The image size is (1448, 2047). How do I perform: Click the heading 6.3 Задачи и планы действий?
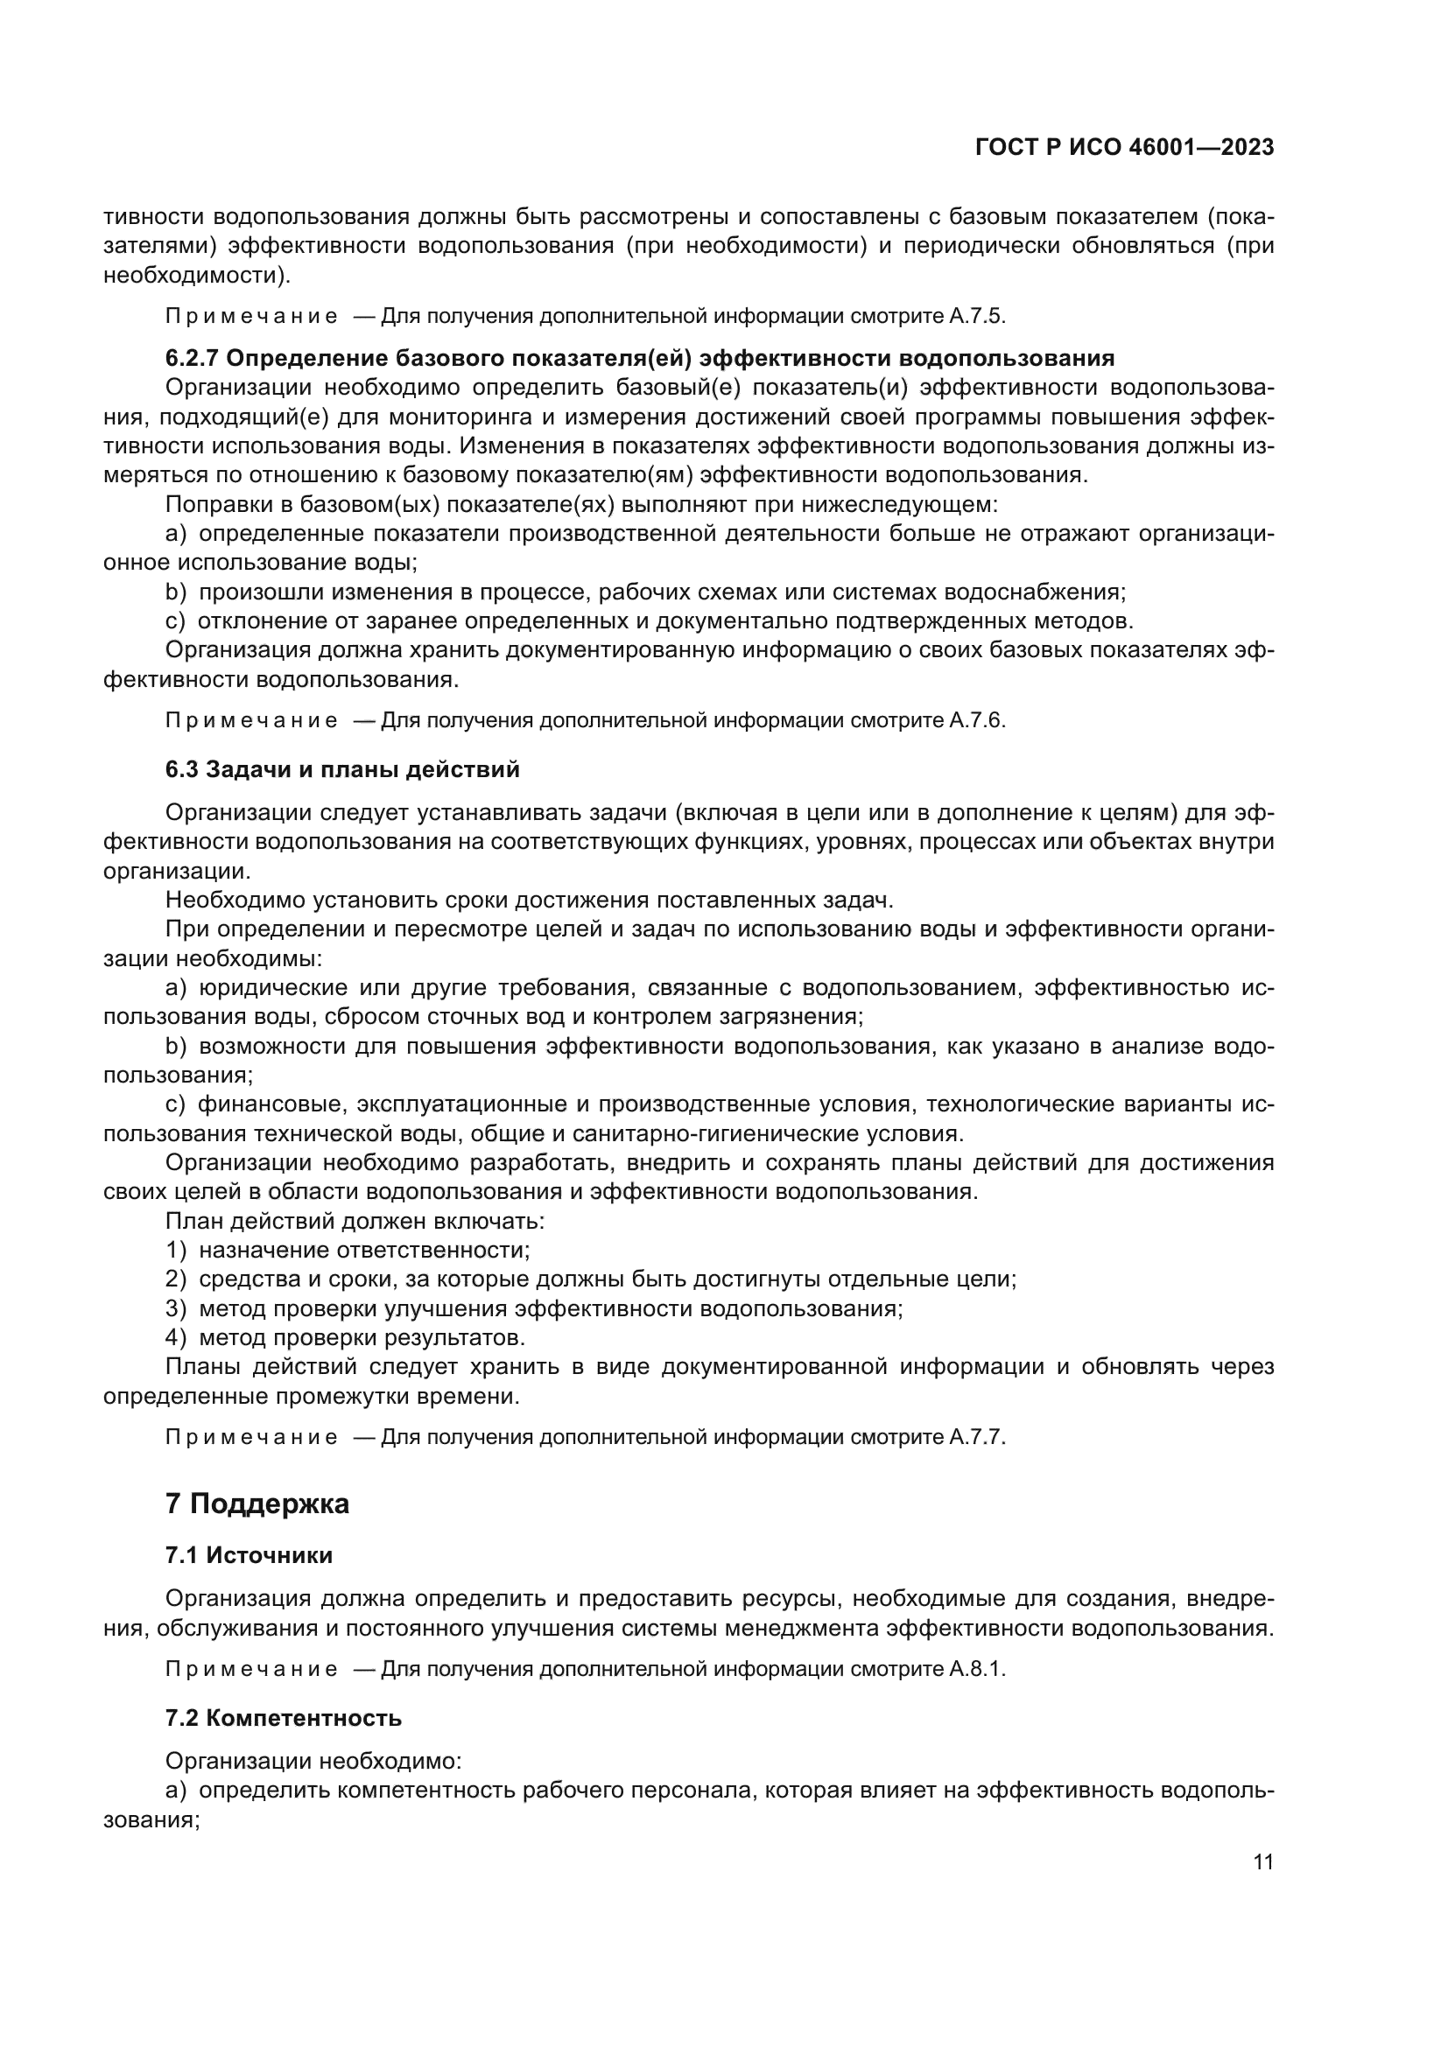tap(342, 769)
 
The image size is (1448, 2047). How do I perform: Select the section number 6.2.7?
tap(192, 359)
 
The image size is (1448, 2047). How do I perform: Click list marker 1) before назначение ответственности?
tap(176, 1250)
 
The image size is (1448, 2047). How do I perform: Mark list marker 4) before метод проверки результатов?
tap(176, 1337)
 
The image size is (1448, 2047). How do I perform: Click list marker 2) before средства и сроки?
tap(176, 1279)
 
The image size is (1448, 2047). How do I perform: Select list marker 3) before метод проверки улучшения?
tap(176, 1308)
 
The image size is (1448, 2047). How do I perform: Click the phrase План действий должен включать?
tap(355, 1221)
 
